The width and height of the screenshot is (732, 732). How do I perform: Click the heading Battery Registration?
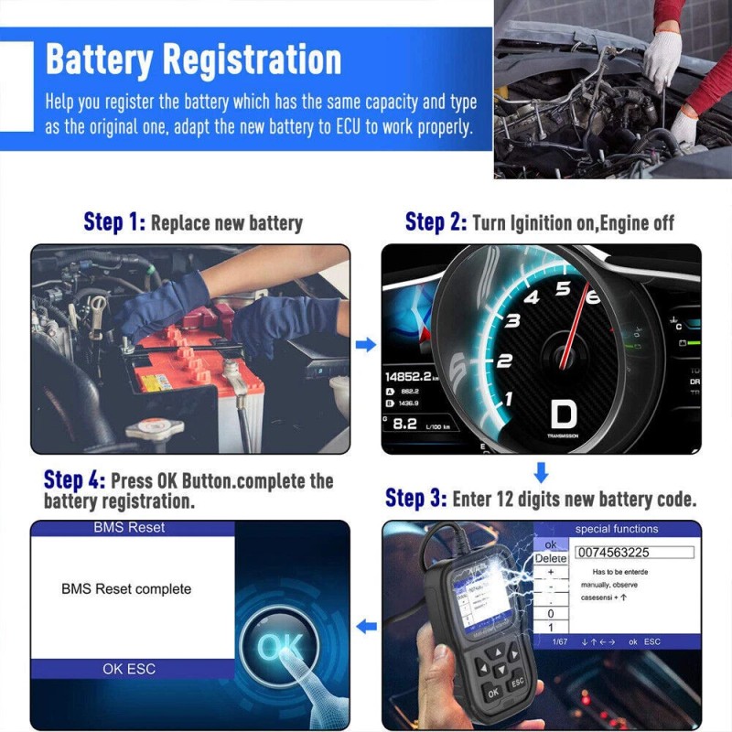click(193, 59)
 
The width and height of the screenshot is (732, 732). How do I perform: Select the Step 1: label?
click(114, 221)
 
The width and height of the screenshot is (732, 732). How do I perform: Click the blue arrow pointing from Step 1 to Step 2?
click(365, 345)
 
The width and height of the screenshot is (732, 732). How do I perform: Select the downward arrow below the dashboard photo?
click(541, 472)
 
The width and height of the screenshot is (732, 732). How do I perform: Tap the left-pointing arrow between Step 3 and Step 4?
click(366, 627)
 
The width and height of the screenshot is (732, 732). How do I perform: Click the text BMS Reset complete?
click(126, 588)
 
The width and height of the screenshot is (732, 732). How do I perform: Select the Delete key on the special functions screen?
click(550, 558)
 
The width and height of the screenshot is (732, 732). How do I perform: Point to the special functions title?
click(616, 529)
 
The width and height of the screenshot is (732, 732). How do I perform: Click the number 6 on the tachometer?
click(592, 297)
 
